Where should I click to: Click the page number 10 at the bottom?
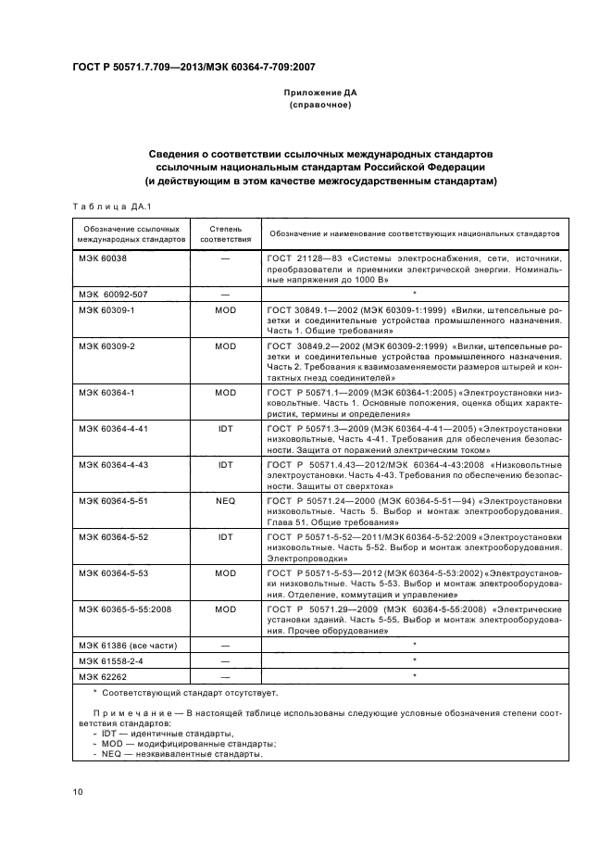pyautogui.click(x=78, y=792)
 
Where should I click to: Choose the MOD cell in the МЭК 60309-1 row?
pyautogui.click(x=226, y=308)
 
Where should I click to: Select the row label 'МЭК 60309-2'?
pyautogui.click(x=107, y=345)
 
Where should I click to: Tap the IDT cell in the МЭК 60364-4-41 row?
pyautogui.click(x=226, y=429)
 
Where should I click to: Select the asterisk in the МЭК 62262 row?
pyautogui.click(x=414, y=676)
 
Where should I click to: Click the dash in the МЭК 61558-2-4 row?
pyautogui.click(x=226, y=660)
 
